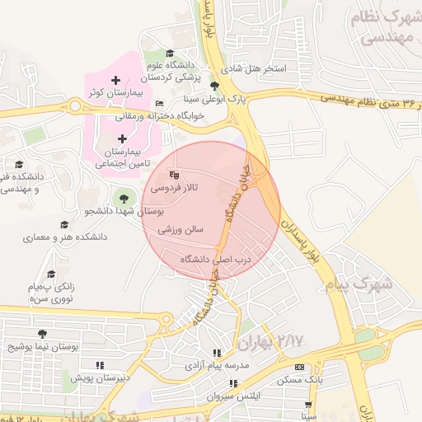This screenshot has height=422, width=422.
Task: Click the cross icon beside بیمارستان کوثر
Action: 115,80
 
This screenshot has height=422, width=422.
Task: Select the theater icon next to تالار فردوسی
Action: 173,175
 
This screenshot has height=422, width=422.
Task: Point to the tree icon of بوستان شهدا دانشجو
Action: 124,198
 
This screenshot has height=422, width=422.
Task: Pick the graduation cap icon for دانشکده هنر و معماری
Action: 64,224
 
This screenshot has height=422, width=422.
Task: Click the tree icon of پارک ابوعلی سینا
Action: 215,86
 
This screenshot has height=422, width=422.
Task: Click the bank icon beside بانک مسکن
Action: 298,367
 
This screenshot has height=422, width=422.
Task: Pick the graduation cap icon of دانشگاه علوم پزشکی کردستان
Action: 170,53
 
